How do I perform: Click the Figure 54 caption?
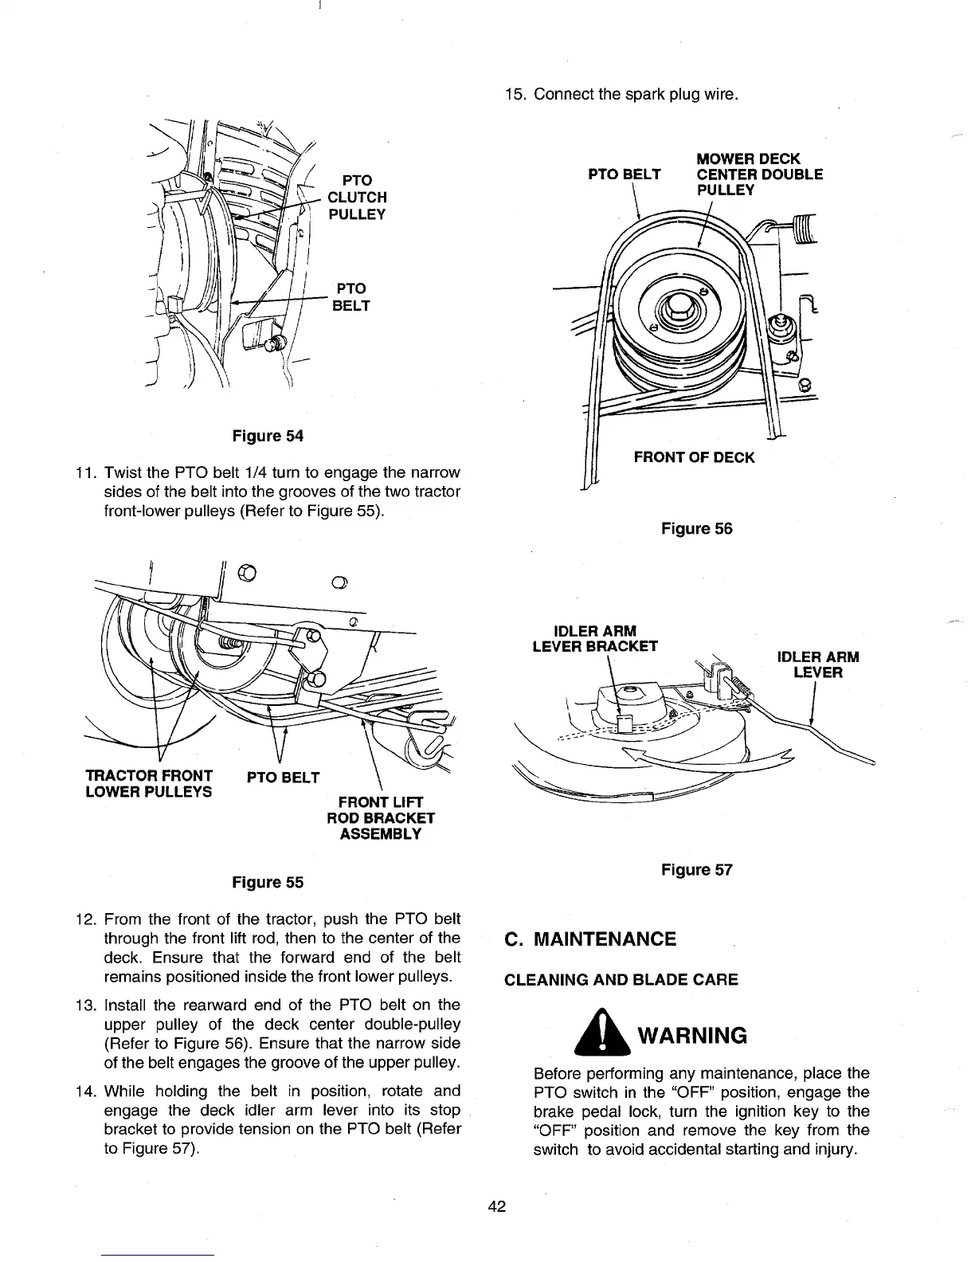pos(267,436)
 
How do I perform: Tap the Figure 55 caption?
pos(267,882)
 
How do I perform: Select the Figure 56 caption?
pos(696,528)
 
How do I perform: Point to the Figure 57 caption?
pos(696,869)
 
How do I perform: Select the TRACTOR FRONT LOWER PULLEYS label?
pos(148,783)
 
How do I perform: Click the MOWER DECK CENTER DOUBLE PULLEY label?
pos(759,174)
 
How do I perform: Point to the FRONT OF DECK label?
pos(693,457)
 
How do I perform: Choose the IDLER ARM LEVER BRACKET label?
pos(594,638)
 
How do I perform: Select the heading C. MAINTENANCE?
pos(590,939)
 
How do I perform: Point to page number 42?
pos(497,1205)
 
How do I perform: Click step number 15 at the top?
pos(515,96)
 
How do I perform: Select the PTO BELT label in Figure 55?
pos(283,777)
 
